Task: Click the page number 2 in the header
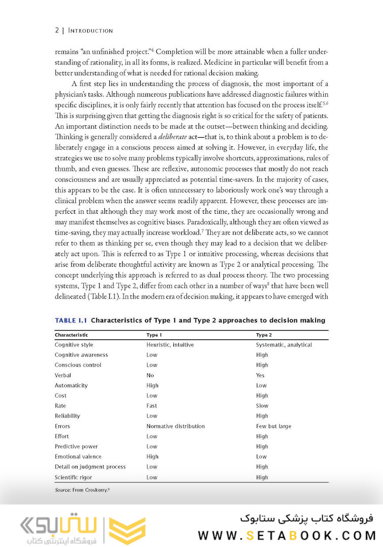pos(57,30)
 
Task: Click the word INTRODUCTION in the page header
pos(90,30)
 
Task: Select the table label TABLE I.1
pos(70,320)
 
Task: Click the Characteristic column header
pos(71,335)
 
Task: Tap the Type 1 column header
pos(154,335)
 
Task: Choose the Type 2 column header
pos(264,335)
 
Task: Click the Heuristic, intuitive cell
pos(170,345)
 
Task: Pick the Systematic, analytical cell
pos(284,345)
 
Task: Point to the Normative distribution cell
pos(175,426)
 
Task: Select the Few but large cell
pos(274,426)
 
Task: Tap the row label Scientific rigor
pos(73,477)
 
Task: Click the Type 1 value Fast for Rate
pos(151,406)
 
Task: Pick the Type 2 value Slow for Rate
pos(262,406)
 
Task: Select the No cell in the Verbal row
pos(150,375)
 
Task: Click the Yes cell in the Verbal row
pos(260,375)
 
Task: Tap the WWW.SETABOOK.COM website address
pos(287,535)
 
